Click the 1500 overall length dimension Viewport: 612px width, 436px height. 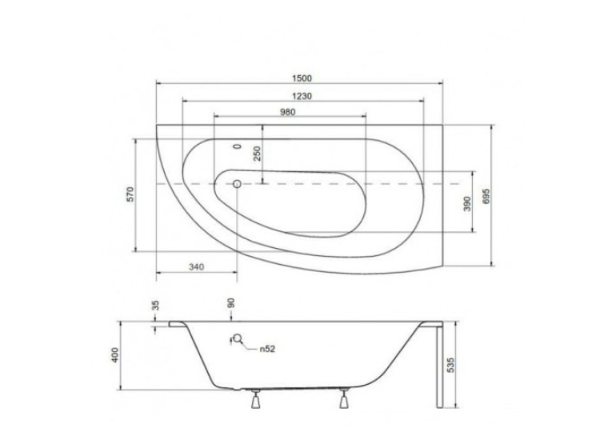coord(302,78)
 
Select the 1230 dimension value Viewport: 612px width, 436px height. coord(302,96)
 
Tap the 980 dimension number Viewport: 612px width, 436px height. coord(288,112)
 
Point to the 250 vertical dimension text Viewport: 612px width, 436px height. coord(258,154)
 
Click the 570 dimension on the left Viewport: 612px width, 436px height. coord(130,194)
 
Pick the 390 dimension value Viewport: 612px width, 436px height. coord(467,203)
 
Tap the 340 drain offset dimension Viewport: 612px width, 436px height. coord(196,267)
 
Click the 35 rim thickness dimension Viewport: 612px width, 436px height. coord(156,305)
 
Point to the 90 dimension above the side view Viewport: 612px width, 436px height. coord(230,303)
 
